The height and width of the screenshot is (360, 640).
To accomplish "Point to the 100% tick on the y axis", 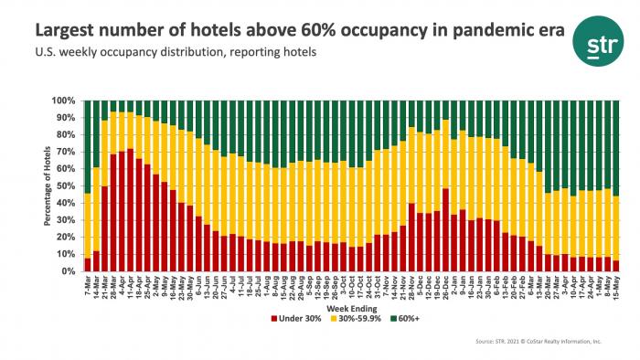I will (x=67, y=100).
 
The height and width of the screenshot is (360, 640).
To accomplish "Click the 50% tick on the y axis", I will (x=69, y=185).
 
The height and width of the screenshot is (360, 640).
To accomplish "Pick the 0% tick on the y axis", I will (x=71, y=271).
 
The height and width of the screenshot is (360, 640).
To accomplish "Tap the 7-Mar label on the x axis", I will (x=87, y=285).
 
